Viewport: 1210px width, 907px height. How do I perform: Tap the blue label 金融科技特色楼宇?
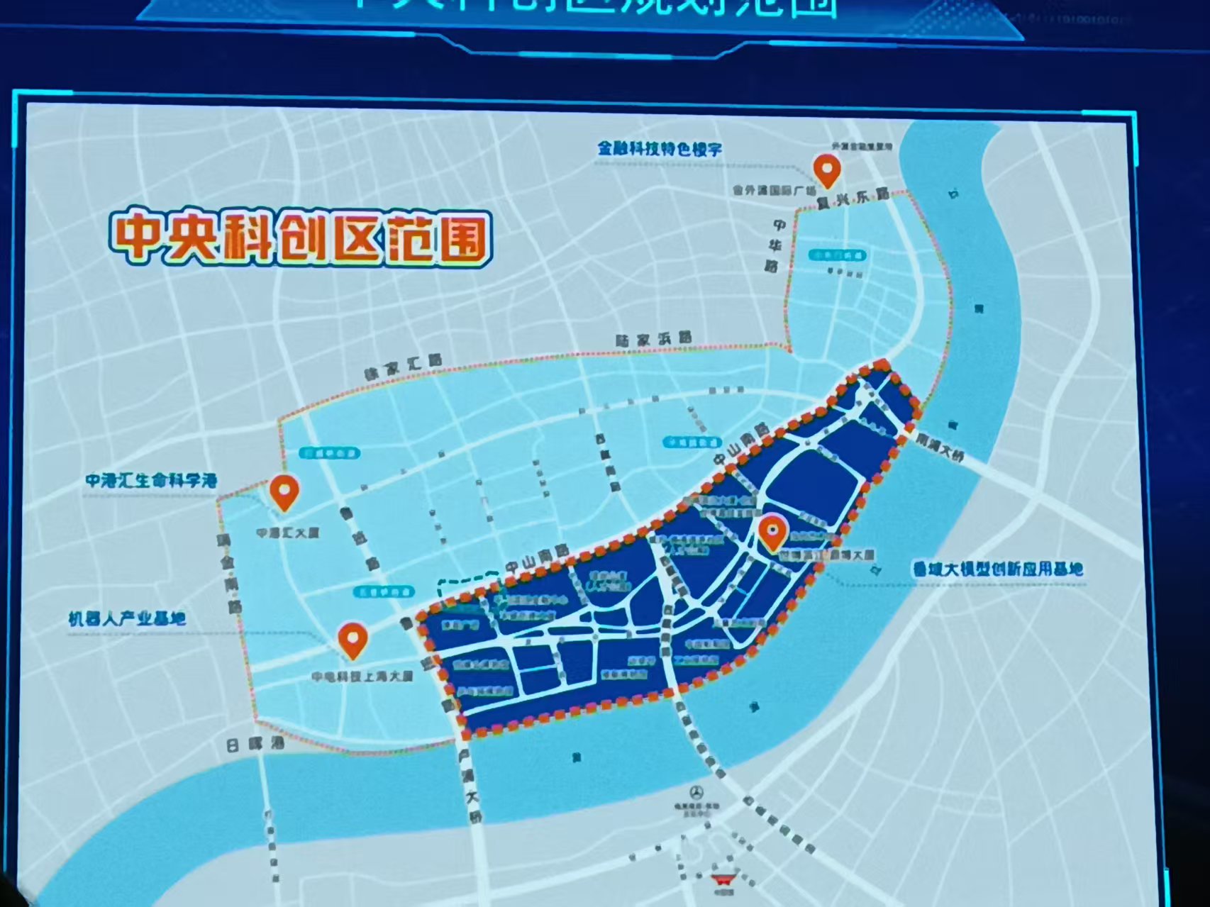[660, 149]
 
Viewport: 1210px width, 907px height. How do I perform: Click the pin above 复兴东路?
[826, 170]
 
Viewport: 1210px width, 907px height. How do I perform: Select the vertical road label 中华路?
[777, 245]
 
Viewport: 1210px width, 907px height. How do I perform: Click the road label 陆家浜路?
[653, 340]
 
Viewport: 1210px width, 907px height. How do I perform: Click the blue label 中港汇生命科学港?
[151, 480]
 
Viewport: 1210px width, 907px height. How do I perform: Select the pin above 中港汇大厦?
[284, 491]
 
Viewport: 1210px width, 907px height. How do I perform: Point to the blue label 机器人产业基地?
[127, 618]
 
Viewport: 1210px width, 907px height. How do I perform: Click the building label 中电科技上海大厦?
[362, 676]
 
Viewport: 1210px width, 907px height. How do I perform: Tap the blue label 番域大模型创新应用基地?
[997, 568]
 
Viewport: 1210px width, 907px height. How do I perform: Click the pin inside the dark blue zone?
[772, 532]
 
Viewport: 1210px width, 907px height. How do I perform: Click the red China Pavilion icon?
[726, 879]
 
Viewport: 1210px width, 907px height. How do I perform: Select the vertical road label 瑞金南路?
[231, 574]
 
